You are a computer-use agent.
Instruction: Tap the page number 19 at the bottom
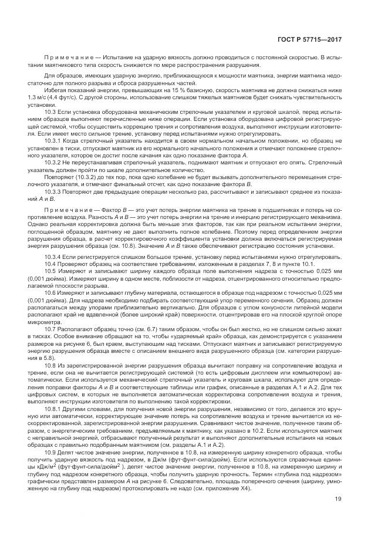point(339,516)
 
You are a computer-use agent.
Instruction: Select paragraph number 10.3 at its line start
point(49,110)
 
